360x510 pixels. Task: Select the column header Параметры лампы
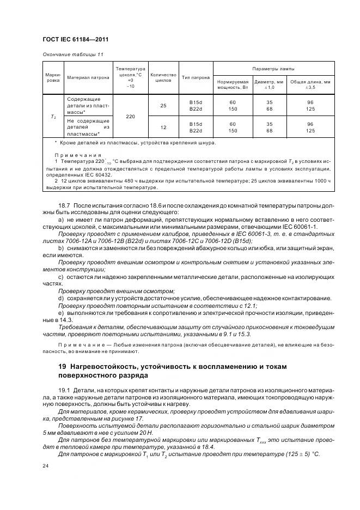(280, 69)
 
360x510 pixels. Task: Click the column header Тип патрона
(196, 77)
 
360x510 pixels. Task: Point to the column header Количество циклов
(163, 77)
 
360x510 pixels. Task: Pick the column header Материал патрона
(88, 77)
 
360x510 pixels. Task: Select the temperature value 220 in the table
(130, 116)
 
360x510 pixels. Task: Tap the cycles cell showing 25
(163, 106)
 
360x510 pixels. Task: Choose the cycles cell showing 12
(163, 127)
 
